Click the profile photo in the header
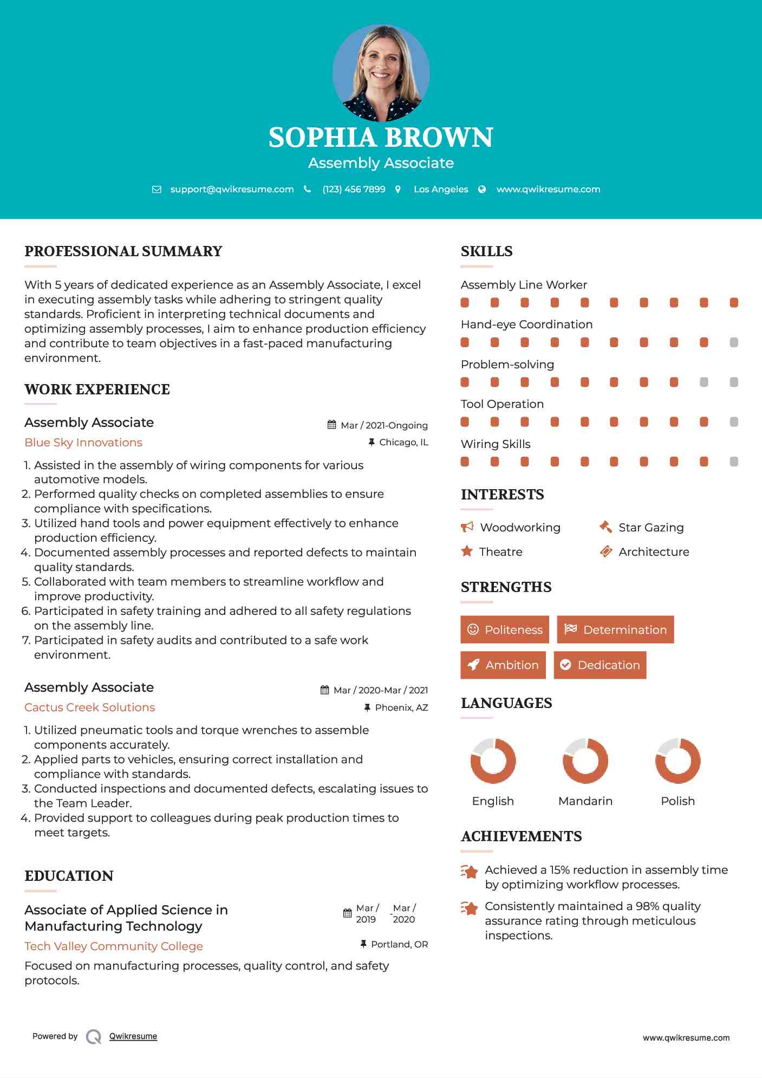[x=381, y=73]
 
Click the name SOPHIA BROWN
[x=381, y=138]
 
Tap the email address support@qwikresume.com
[x=232, y=189]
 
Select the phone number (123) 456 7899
[x=354, y=189]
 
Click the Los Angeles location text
[x=441, y=189]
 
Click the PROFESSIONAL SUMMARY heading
[x=123, y=251]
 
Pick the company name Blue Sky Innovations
[x=83, y=443]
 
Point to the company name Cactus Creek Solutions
[x=89, y=707]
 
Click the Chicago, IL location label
[x=403, y=443]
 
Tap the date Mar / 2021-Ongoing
[x=384, y=425]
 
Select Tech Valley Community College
[x=114, y=946]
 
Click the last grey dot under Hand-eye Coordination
[x=734, y=342]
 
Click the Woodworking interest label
[x=520, y=528]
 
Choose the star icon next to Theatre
[x=467, y=551]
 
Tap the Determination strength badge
[x=615, y=629]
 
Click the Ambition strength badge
[x=503, y=665]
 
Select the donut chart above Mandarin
[x=585, y=761]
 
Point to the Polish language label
[x=678, y=801]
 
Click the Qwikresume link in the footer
[x=133, y=1036]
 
